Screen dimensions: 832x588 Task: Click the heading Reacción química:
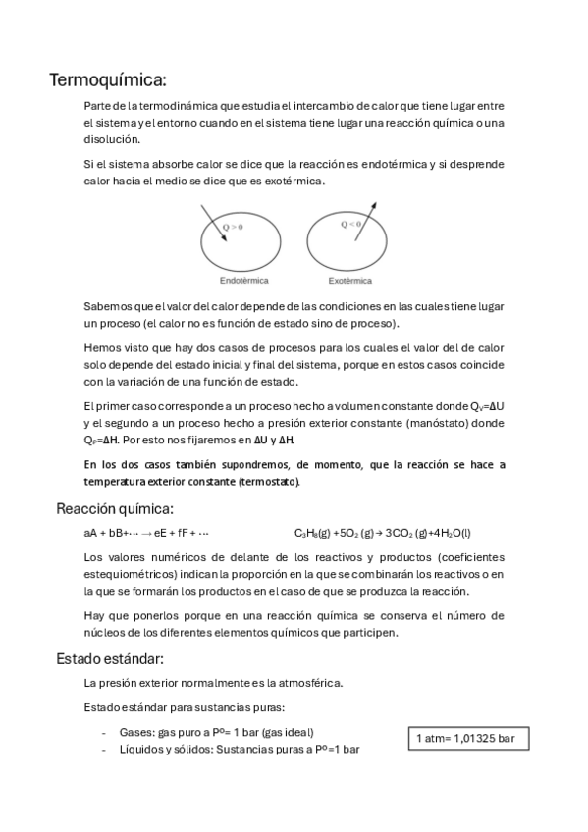coord(115,508)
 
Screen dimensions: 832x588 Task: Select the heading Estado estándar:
coord(109,658)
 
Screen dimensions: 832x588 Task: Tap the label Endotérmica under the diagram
coord(244,281)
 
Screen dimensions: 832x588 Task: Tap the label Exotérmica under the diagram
coord(349,281)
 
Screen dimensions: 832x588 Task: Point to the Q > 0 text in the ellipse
coord(233,228)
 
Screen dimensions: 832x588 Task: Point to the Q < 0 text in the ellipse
coord(350,225)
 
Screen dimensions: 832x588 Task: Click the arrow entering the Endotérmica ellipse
coord(211,221)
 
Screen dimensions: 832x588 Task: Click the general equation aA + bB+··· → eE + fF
coord(146,533)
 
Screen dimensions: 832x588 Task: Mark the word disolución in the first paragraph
coord(113,138)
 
